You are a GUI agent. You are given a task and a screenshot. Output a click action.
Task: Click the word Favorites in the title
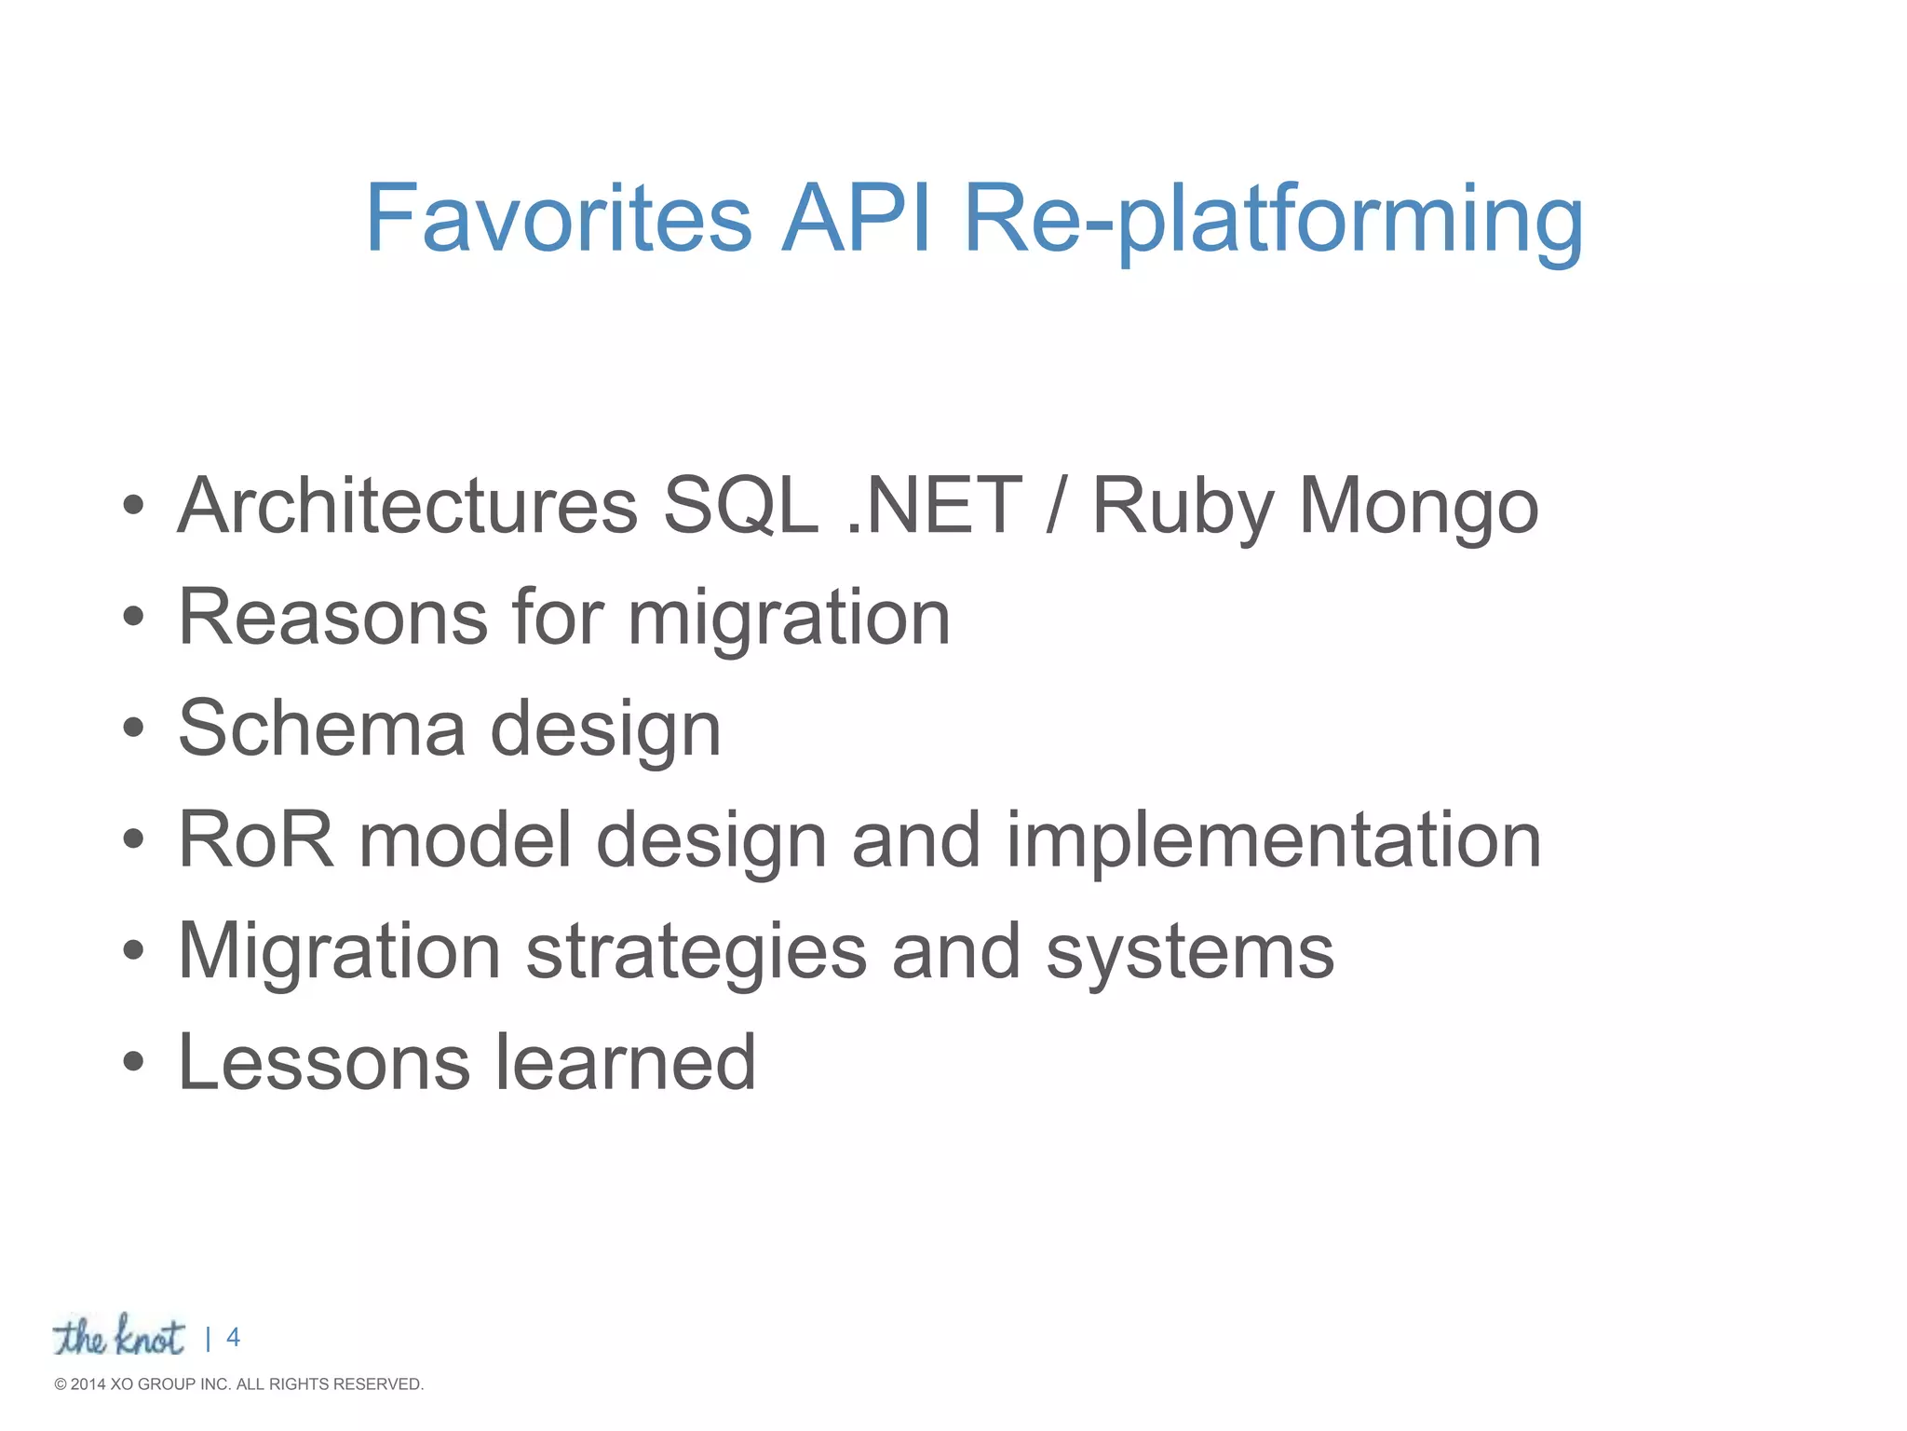559,219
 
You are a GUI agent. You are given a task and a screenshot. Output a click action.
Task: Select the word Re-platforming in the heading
1273,224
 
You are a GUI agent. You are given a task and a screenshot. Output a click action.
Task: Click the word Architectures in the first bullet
407,506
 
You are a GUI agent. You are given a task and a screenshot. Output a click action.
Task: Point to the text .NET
935,506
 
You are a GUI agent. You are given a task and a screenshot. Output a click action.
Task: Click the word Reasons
332,617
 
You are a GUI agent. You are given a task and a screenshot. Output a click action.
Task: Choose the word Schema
321,729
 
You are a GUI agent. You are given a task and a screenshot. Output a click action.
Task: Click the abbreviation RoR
255,839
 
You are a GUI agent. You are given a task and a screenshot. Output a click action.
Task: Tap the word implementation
1273,841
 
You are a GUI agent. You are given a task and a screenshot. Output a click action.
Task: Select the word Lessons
323,1062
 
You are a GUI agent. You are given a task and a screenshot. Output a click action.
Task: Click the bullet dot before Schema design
133,728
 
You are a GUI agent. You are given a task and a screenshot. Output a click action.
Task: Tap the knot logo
118,1337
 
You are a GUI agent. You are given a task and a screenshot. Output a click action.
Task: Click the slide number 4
233,1338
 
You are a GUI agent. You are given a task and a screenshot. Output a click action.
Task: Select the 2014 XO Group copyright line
239,1384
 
